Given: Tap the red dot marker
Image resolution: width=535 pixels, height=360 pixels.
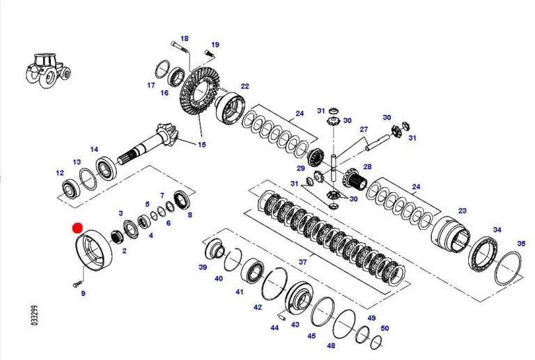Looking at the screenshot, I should (78, 228).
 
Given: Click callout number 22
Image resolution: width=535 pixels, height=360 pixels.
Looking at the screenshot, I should (245, 86).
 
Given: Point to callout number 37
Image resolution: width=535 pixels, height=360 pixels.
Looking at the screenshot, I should (302, 262).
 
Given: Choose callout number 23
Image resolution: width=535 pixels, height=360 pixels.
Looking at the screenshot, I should (462, 210).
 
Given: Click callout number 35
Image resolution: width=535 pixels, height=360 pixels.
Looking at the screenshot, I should (521, 244).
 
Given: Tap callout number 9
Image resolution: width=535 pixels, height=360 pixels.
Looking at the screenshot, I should (83, 294).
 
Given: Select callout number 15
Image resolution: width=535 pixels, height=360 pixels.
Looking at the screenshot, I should (202, 145).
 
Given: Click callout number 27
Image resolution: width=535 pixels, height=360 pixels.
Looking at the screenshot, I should (363, 130).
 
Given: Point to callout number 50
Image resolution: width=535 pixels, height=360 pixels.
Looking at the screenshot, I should (385, 328).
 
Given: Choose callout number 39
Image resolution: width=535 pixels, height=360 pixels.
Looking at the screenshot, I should (203, 267).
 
